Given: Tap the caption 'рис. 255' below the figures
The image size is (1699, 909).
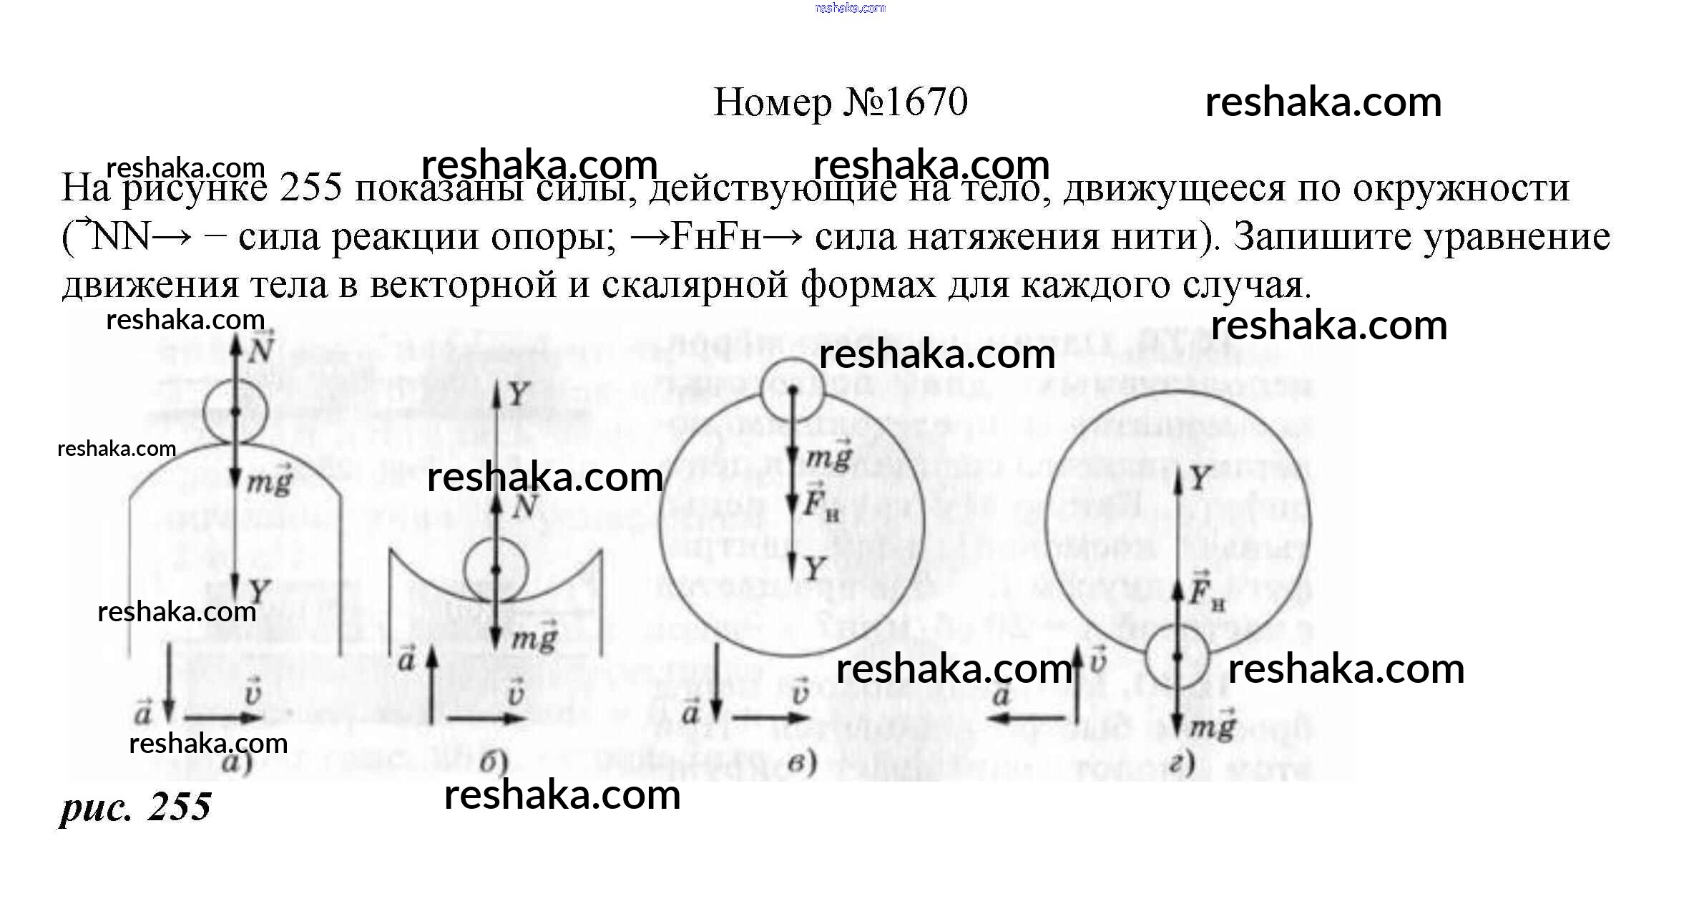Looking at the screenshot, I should pyautogui.click(x=135, y=807).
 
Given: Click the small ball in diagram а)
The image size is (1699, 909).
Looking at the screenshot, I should pyautogui.click(x=235, y=412).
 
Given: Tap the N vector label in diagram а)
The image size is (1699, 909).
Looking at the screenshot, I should pyautogui.click(x=262, y=349).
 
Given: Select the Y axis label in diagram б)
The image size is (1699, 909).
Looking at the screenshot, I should pyautogui.click(x=519, y=394).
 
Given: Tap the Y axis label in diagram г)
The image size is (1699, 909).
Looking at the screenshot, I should pyautogui.click(x=1200, y=478).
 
